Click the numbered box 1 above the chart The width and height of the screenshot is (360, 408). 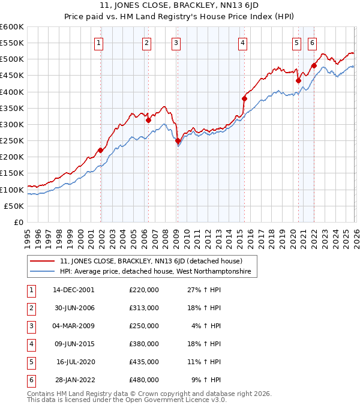pyautogui.click(x=98, y=43)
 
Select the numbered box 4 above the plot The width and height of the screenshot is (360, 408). pyautogui.click(x=242, y=43)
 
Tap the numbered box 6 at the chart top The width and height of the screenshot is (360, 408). pyautogui.click(x=313, y=43)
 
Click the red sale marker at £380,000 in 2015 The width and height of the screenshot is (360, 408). pyautogui.click(x=244, y=98)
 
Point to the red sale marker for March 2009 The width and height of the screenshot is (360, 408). pyautogui.click(x=178, y=141)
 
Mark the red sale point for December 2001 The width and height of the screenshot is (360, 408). pyautogui.click(x=101, y=151)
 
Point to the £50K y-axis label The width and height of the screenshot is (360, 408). pyautogui.click(x=14, y=206)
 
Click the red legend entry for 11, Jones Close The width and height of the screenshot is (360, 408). pyautogui.click(x=151, y=262)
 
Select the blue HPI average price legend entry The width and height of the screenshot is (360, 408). pyautogui.click(x=157, y=272)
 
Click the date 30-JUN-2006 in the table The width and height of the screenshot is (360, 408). pyautogui.click(x=74, y=307)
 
